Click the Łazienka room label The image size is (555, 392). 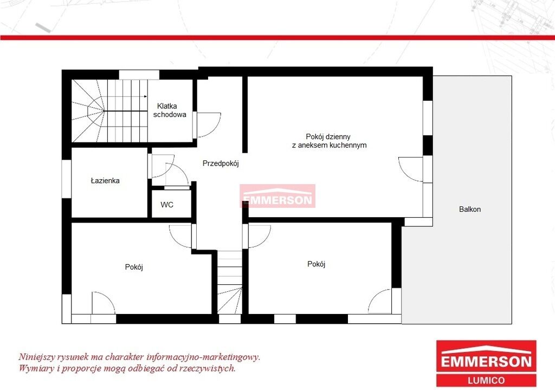tap(105, 181)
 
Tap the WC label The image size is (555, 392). tap(167, 205)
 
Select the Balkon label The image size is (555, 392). tap(470, 209)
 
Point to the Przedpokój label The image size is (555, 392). tap(221, 164)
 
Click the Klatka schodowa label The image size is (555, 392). tap(170, 110)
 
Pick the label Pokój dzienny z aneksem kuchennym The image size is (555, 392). tap(329, 141)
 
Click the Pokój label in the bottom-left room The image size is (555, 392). tap(134, 267)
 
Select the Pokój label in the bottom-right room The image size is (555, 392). tap(316, 264)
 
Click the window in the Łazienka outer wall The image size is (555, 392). tap(67, 179)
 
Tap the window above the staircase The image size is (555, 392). tap(139, 75)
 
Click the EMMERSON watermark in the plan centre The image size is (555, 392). tap(277, 196)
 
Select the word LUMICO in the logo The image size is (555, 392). tap(486, 381)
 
